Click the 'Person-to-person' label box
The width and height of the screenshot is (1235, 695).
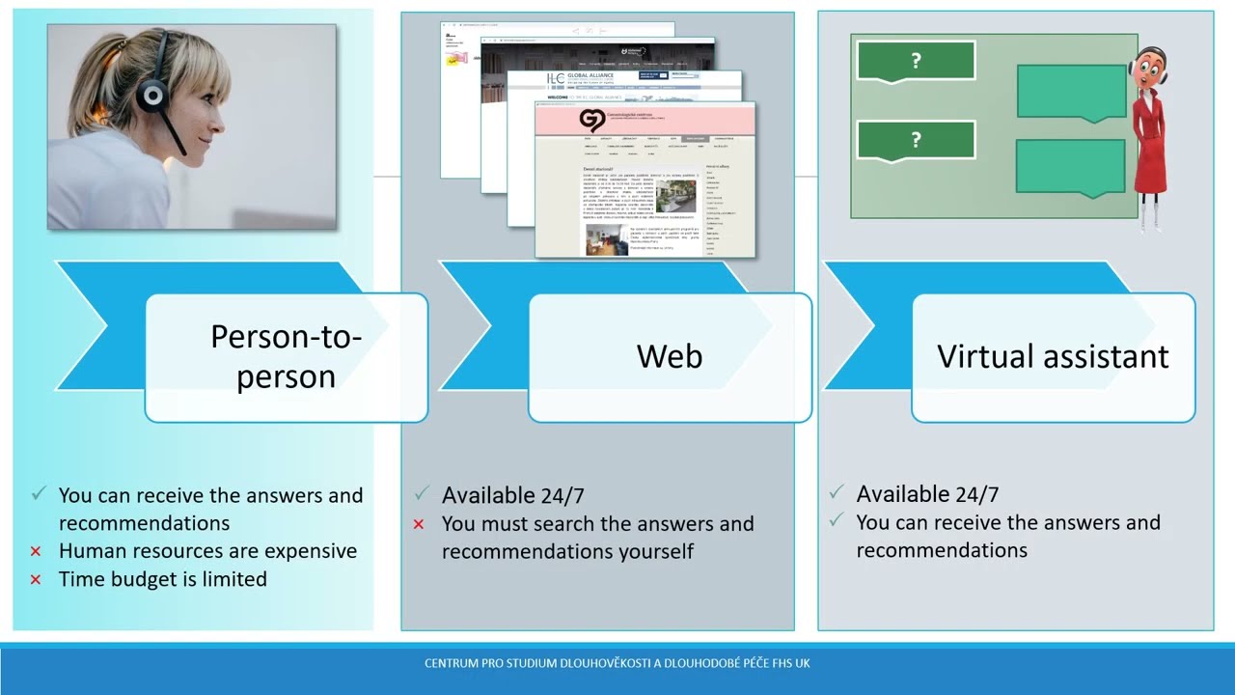[286, 356]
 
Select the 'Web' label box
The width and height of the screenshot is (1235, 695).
[670, 356]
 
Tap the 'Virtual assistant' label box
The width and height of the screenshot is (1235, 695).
[1053, 356]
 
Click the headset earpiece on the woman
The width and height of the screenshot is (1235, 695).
[151, 95]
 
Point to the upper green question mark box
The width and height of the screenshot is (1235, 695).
[916, 61]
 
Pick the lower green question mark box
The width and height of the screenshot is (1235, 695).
[916, 140]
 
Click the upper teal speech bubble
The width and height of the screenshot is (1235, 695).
[1072, 93]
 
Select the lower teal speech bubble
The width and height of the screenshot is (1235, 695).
[1070, 167]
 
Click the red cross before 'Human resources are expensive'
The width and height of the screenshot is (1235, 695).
[36, 551]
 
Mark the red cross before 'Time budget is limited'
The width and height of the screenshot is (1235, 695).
[36, 579]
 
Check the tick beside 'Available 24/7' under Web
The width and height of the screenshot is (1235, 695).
[421, 494]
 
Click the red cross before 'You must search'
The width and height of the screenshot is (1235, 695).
[419, 524]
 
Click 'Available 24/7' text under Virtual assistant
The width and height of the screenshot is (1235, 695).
[927, 494]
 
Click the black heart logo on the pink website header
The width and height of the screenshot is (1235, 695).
[591, 120]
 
